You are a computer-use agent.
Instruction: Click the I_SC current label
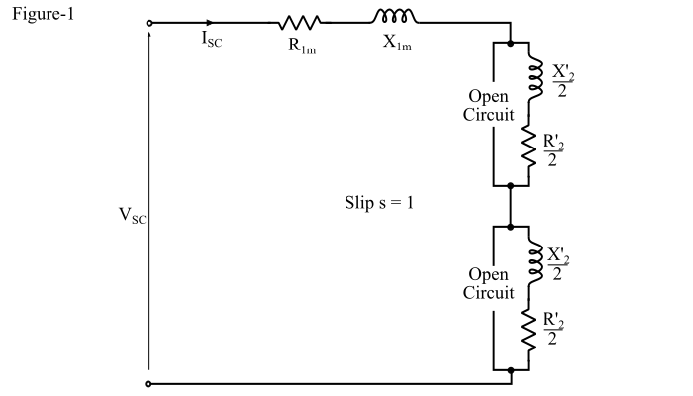pos(211,41)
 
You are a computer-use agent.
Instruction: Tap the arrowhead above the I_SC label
pos(209,22)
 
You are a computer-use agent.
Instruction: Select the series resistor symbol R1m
pos(300,22)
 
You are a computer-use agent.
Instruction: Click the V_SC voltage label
pos(131,217)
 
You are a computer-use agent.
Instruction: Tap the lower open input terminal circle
pos(148,383)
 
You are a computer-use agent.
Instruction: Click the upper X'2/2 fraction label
pos(561,82)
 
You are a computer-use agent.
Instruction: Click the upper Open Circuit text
pos(489,106)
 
